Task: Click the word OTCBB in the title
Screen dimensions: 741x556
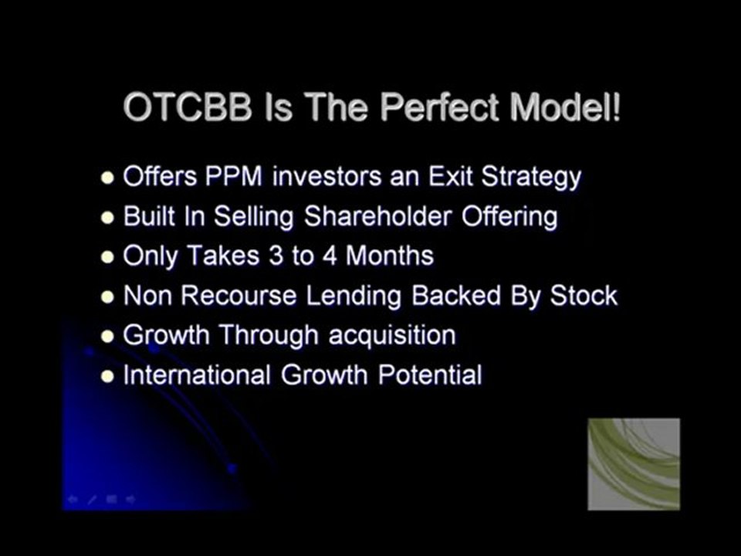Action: [188, 107]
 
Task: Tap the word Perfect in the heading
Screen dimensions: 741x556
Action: [439, 107]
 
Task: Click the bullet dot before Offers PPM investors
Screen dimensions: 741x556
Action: [108, 178]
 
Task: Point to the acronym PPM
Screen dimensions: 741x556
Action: [234, 176]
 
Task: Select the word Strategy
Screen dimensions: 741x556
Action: [531, 178]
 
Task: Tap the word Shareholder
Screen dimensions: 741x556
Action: [378, 216]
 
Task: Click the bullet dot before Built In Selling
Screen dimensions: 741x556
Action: [108, 218]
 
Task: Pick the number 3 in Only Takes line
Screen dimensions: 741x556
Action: [276, 256]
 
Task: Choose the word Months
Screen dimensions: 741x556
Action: [389, 256]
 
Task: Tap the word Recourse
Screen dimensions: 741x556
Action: [239, 296]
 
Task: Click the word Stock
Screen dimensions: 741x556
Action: [584, 296]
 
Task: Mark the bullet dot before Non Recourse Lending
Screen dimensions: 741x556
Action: [108, 297]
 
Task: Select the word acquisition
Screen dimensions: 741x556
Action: [392, 336]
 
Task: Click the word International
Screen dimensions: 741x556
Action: [197, 375]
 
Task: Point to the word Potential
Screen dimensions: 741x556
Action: [430, 375]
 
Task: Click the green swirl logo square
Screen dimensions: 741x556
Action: [634, 464]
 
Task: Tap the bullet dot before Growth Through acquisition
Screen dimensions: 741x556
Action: [108, 336]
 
